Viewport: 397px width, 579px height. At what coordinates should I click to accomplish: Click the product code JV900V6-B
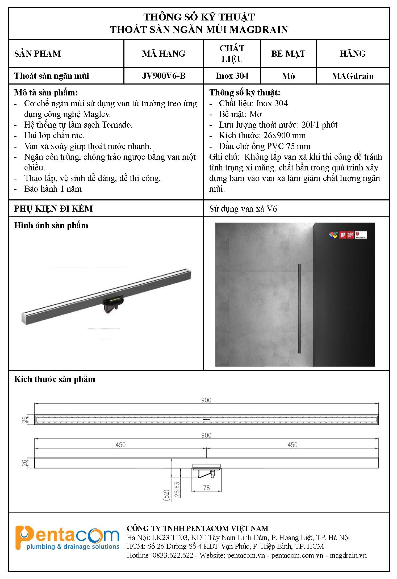pyautogui.click(x=164, y=76)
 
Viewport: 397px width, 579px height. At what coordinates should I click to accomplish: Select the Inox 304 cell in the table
pyautogui.click(x=232, y=76)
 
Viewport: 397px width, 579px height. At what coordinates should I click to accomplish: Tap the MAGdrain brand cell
pyautogui.click(x=353, y=76)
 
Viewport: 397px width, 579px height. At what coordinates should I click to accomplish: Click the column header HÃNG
pyautogui.click(x=353, y=54)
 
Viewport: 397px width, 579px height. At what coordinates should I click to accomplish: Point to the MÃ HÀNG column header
pyautogui.click(x=164, y=54)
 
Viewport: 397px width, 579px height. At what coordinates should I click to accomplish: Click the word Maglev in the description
pyautogui.click(x=97, y=114)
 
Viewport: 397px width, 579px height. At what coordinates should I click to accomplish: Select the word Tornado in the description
pyautogui.click(x=117, y=125)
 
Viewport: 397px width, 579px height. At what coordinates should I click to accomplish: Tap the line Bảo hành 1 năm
pyautogui.click(x=53, y=189)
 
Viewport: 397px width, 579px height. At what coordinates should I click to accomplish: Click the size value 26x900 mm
pyautogui.click(x=285, y=136)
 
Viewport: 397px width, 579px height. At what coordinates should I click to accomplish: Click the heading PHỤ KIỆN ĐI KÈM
pyautogui.click(x=53, y=209)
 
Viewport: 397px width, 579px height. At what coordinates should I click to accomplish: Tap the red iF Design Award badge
pyautogui.click(x=346, y=235)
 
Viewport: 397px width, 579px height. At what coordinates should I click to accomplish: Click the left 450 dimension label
pyautogui.click(x=120, y=445)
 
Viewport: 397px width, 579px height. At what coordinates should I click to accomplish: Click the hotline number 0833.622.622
pyautogui.click(x=173, y=555)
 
